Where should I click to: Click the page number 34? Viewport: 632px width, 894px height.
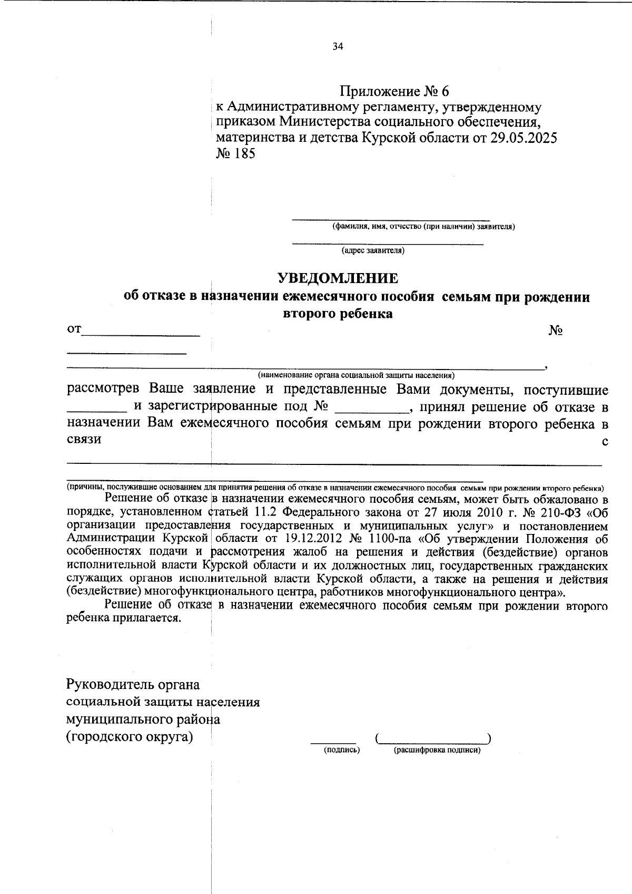(x=338, y=46)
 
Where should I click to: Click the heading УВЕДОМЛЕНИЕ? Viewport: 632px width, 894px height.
(x=338, y=278)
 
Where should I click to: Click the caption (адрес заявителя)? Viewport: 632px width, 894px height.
(x=373, y=251)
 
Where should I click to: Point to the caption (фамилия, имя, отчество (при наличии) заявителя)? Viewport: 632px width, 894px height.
(x=423, y=227)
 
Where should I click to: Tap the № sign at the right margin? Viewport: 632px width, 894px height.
(x=556, y=331)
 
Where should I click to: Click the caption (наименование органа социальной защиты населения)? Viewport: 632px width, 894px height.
(x=356, y=375)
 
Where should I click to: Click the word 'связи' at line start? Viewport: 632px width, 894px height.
(x=84, y=439)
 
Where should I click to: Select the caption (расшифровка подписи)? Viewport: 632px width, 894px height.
(x=437, y=750)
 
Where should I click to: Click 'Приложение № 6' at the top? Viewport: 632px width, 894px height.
(x=394, y=92)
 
